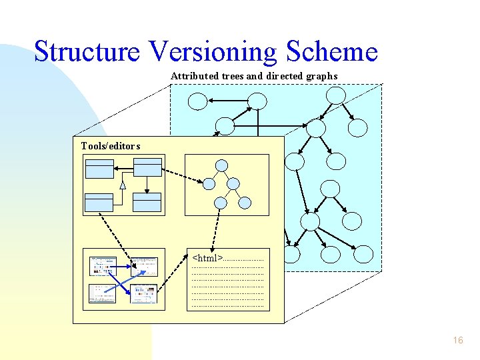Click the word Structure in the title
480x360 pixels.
(88, 51)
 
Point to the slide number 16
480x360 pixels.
(457, 340)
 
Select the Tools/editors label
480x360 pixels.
(111, 146)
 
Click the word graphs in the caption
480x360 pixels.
(321, 76)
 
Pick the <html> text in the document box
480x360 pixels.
(207, 257)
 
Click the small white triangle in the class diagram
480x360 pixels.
(123, 185)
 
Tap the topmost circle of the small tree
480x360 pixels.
(221, 165)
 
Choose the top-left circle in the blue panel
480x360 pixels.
(197, 101)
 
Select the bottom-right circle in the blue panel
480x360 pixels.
(363, 253)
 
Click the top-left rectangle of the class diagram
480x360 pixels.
(99, 167)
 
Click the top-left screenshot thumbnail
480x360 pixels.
(103, 266)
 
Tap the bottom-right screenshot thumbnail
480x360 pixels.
(143, 293)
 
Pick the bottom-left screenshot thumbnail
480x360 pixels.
(103, 293)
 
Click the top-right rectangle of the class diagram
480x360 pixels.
(147, 167)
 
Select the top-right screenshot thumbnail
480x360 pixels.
(143, 266)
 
